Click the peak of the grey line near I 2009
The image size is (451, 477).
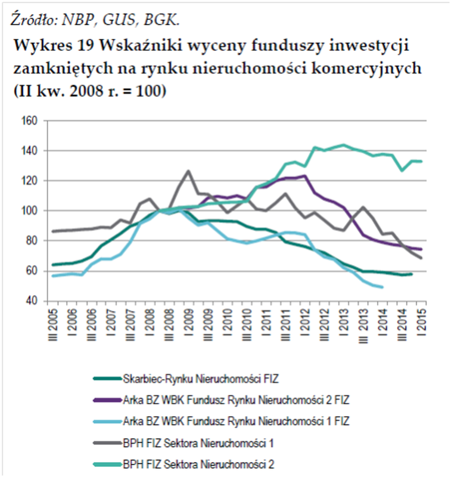(x=188, y=171)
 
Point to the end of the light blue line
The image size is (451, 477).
(x=382, y=287)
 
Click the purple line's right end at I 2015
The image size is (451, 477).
(x=422, y=249)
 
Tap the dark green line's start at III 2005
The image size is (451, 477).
(x=53, y=265)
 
